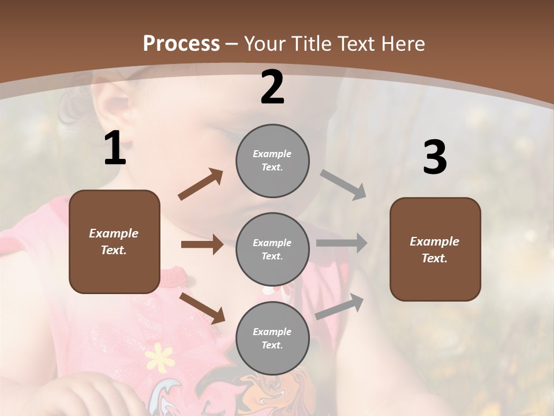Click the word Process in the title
(x=181, y=44)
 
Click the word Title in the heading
(x=312, y=44)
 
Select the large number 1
(x=115, y=148)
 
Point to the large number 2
(x=272, y=87)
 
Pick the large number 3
(x=435, y=158)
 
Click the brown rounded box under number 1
(x=114, y=242)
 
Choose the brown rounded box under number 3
(x=435, y=250)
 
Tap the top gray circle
(x=272, y=161)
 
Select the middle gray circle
(x=272, y=249)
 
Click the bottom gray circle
(x=272, y=338)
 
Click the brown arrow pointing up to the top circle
(x=201, y=184)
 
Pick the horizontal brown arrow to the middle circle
(x=202, y=244)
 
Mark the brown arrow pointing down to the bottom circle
(x=202, y=308)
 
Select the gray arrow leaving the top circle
(x=343, y=185)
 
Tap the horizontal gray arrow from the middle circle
(x=342, y=243)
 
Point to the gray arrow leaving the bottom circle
(x=339, y=307)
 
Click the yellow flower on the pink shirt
(x=159, y=356)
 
